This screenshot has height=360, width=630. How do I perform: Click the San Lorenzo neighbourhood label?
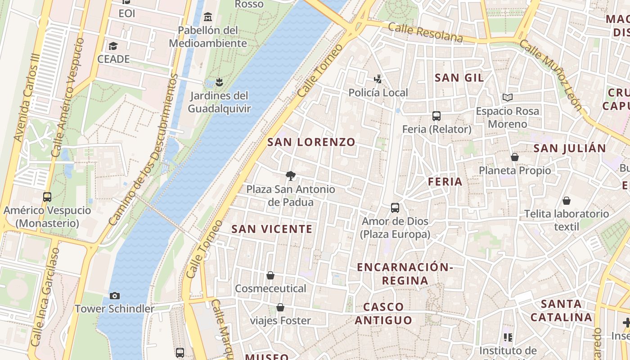[311, 142]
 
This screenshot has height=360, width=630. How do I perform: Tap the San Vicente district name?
[272, 229]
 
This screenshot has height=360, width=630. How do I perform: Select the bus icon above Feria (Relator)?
[436, 116]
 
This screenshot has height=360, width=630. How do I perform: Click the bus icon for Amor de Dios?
[395, 208]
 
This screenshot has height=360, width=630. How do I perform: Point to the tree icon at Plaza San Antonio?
[291, 176]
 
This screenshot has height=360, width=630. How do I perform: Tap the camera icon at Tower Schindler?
[115, 296]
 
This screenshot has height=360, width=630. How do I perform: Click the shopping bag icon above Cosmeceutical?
[270, 275]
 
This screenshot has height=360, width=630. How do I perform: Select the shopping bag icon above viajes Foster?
[280, 307]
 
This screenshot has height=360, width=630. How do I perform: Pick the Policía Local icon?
[378, 80]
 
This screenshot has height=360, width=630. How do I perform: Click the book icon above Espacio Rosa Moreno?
[508, 97]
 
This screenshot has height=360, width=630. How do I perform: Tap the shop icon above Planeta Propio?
[515, 157]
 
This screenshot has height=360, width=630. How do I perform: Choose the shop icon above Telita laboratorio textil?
[567, 200]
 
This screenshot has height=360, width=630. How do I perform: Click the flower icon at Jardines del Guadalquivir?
[219, 82]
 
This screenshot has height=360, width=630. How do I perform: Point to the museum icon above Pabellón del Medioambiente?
[207, 17]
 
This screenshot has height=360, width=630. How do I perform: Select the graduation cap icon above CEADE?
[113, 46]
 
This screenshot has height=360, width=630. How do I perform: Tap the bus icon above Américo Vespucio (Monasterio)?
[47, 197]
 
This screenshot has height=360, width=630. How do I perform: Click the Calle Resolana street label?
[425, 33]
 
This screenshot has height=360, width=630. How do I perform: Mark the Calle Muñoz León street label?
[551, 74]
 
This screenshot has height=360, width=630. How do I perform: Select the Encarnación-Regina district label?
[405, 274]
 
